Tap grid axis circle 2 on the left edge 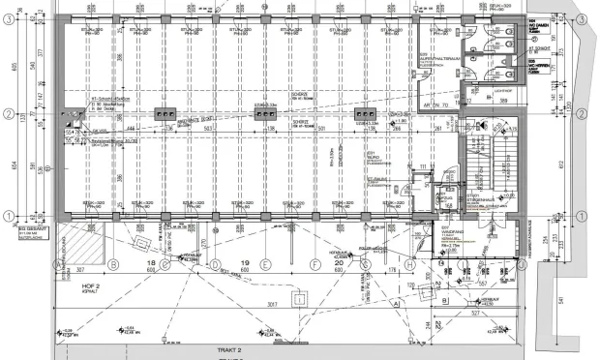(8, 115)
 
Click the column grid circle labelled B (113, 263)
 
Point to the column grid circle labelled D (215, 263)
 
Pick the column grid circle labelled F (315, 263)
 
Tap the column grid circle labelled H (410, 263)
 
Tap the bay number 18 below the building (150, 263)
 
